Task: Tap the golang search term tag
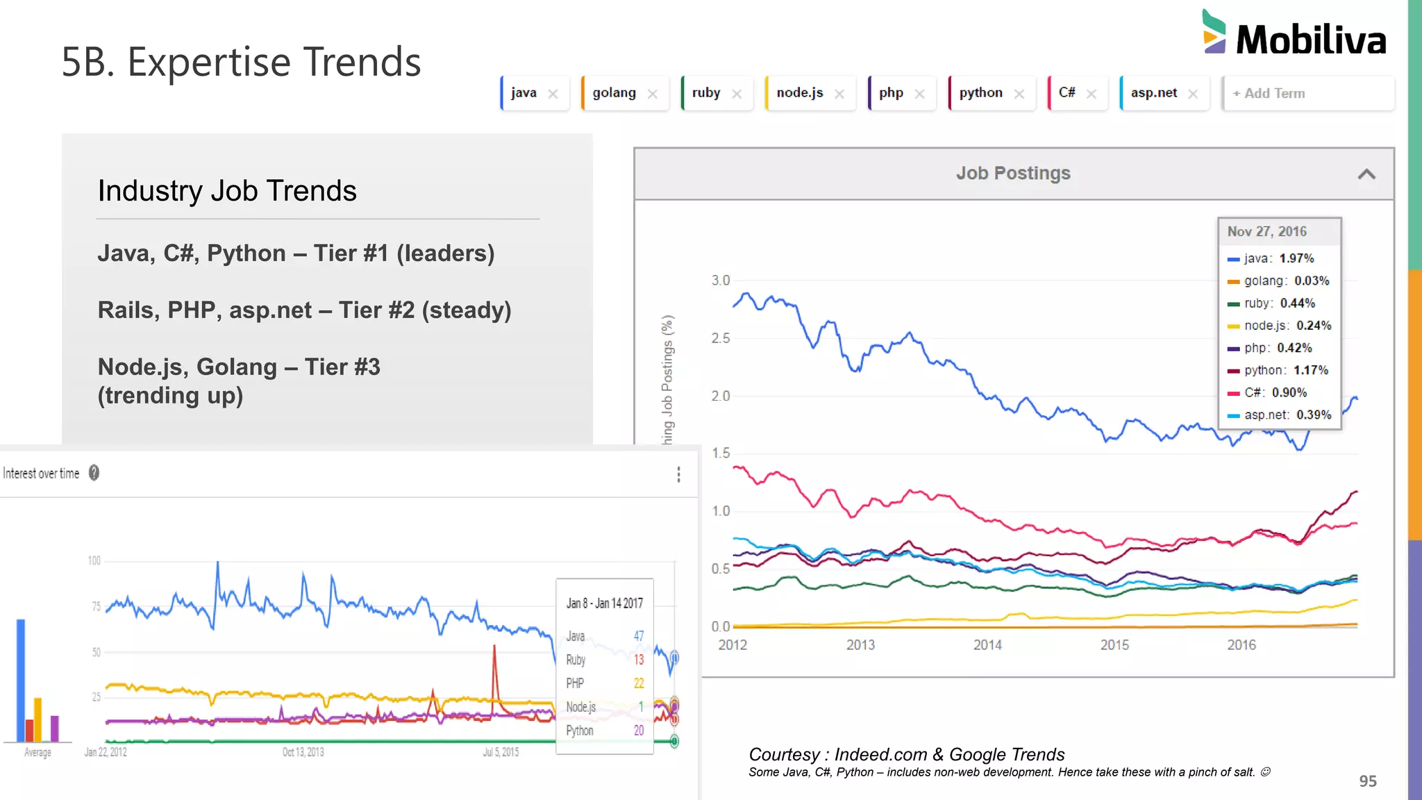click(x=614, y=93)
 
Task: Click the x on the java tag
click(x=553, y=94)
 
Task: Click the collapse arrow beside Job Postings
click(x=1366, y=174)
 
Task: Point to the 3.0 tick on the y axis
click(x=720, y=281)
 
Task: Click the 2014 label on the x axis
click(x=987, y=645)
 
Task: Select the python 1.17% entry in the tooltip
click(x=1278, y=370)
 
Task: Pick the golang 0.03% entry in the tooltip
click(x=1278, y=281)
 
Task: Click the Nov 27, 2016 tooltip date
click(x=1266, y=232)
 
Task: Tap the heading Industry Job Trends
click(x=227, y=191)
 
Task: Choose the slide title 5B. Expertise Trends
click(x=241, y=62)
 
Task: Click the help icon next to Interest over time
click(x=94, y=473)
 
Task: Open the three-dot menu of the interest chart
click(x=678, y=474)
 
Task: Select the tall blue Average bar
click(x=21, y=680)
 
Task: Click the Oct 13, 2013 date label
click(x=303, y=752)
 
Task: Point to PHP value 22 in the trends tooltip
click(x=639, y=683)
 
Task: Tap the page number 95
click(x=1367, y=781)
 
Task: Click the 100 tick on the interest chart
click(x=94, y=561)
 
